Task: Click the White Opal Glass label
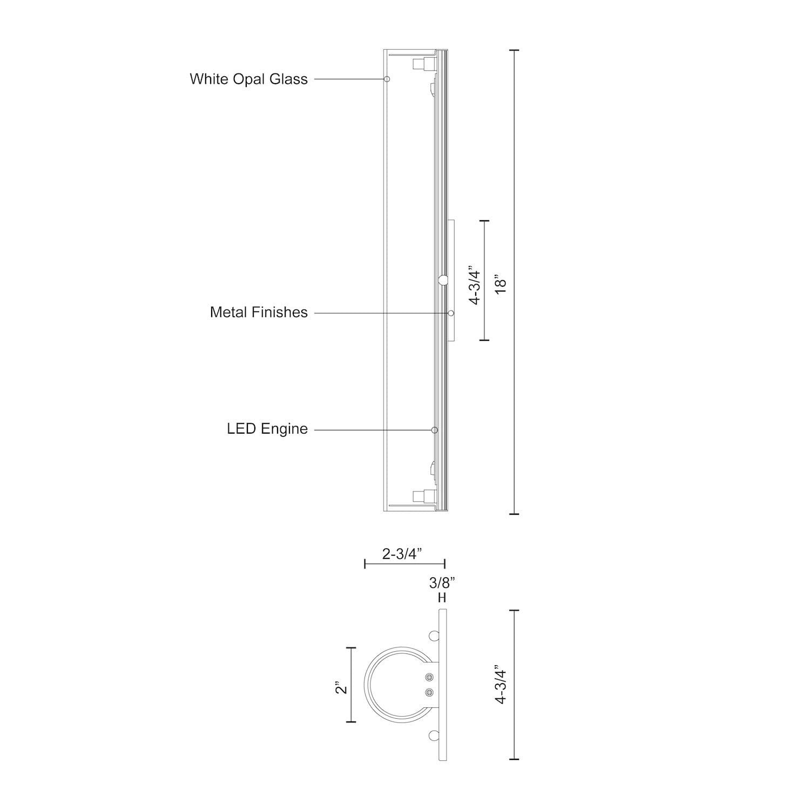pos(248,79)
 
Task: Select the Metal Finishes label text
pos(259,312)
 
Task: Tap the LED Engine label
pos(267,429)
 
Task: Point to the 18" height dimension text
pos(501,285)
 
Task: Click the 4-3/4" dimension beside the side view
pos(474,285)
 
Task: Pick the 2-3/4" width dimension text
pos(402,554)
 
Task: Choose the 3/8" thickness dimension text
pos(442,583)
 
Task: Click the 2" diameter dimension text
pos(340,689)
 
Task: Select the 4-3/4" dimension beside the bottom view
pos(501,685)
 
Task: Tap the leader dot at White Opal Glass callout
pos(387,79)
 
